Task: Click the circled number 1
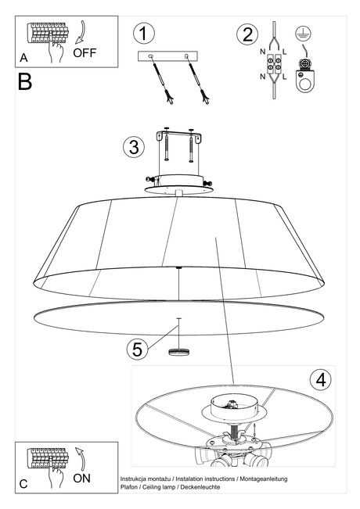[143, 34]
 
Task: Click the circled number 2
[248, 34]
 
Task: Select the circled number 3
[135, 146]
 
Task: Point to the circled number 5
[138, 348]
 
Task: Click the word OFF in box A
[86, 53]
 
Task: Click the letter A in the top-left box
[24, 58]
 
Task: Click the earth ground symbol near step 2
[301, 34]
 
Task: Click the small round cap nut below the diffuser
[179, 351]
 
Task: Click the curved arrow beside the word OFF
[79, 31]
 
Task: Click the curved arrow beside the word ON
[77, 458]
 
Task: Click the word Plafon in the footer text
[131, 486]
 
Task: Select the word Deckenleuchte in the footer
[200, 486]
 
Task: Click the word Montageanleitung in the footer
[263, 477]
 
